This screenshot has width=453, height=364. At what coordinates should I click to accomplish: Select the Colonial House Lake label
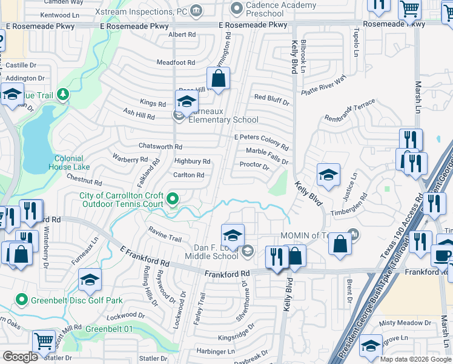pyautogui.click(x=68, y=163)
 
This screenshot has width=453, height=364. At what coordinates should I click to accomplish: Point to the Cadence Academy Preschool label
pyautogui.click(x=273, y=9)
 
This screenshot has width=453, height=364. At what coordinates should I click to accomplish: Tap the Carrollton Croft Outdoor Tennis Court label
pyautogui.click(x=121, y=200)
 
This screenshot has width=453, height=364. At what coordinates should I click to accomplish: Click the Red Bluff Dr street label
pyautogui.click(x=271, y=98)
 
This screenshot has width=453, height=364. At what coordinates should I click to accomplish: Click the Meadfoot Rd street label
pyautogui.click(x=176, y=62)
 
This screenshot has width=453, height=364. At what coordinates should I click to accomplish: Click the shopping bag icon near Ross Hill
pyautogui.click(x=218, y=79)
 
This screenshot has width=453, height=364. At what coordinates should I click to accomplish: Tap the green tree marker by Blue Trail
pyautogui.click(x=62, y=95)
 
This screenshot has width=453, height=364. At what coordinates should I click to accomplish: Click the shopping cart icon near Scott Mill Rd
pyautogui.click(x=44, y=340)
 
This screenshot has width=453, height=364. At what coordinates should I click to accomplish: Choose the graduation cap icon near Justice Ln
pyautogui.click(x=328, y=175)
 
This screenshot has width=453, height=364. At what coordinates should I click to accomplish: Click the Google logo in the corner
pyautogui.click(x=20, y=356)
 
